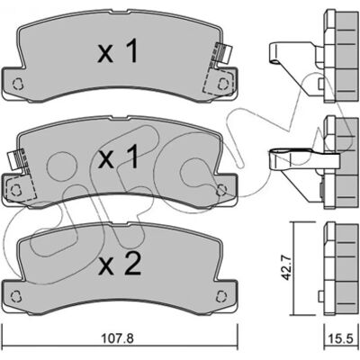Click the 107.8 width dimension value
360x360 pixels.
point(117,338)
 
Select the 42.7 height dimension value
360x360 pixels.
point(287,268)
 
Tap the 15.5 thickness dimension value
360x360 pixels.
point(342,339)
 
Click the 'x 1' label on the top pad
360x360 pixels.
point(118,52)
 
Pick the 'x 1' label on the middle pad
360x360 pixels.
point(118,156)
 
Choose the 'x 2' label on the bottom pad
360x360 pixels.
point(119,264)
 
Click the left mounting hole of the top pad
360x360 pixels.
point(18,84)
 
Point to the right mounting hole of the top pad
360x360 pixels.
point(222,84)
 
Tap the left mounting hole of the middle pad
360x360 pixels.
point(14,190)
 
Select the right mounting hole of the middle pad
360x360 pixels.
point(221,190)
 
